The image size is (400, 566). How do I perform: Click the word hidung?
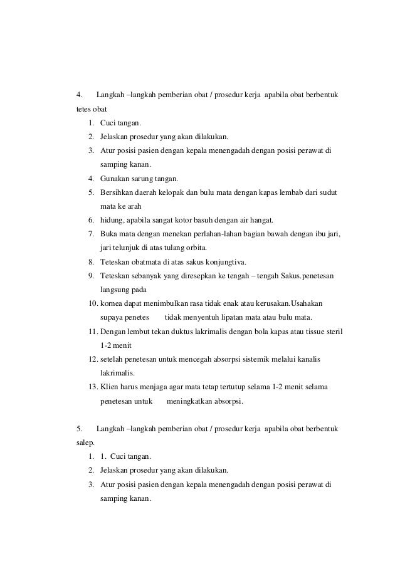click(111, 220)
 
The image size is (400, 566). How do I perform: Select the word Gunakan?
click(115, 179)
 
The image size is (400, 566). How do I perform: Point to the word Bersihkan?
click(118, 192)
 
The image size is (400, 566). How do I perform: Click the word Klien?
click(110, 386)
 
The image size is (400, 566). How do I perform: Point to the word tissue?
click(310, 331)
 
